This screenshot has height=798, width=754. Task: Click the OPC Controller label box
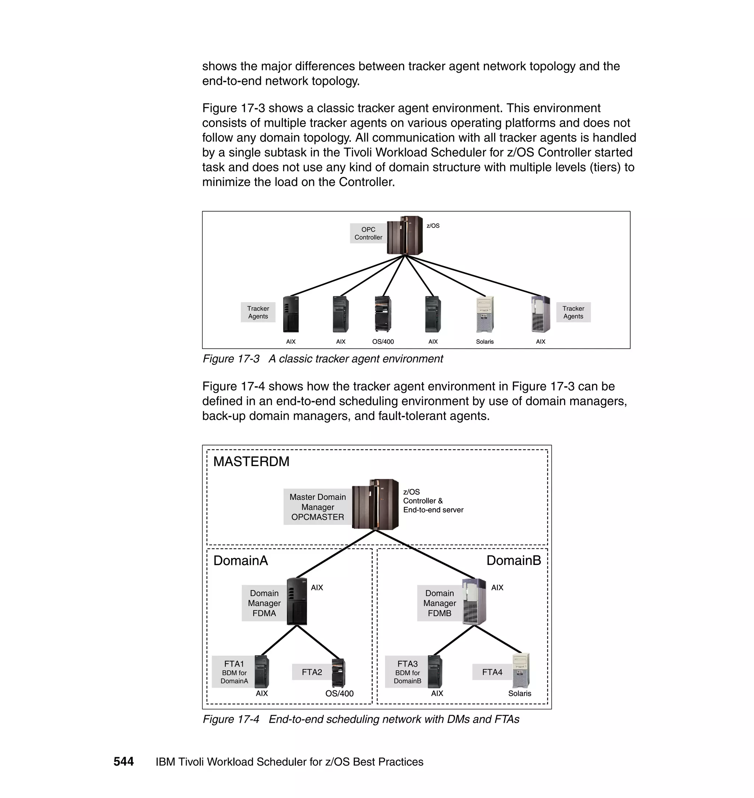(368, 233)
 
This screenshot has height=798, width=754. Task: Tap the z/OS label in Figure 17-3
(433, 226)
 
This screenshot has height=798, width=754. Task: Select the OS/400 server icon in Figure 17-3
(383, 314)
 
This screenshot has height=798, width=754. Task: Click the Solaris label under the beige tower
(485, 342)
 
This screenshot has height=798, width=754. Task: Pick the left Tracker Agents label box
(258, 312)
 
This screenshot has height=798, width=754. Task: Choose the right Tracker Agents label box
(573, 312)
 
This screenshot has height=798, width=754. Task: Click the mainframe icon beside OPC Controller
(405, 236)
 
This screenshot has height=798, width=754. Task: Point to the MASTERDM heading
(251, 462)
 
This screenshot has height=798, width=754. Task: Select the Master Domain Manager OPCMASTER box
(317, 507)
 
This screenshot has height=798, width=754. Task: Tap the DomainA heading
(240, 561)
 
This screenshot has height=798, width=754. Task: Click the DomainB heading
(514, 561)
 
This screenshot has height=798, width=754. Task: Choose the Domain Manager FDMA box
(264, 603)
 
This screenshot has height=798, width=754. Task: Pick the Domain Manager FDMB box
(439, 603)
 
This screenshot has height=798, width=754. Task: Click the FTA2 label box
(312, 672)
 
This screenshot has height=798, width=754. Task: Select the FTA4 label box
(492, 672)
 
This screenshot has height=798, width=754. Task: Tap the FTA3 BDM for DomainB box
(407, 672)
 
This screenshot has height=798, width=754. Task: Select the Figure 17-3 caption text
(323, 359)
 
